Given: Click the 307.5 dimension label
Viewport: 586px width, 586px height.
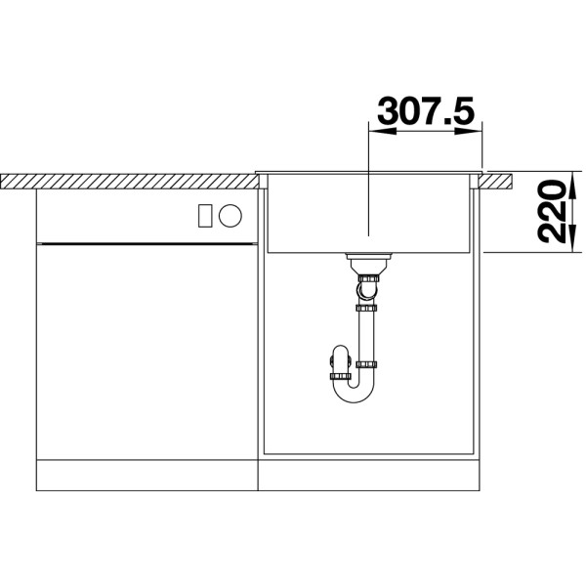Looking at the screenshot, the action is [x=426, y=111].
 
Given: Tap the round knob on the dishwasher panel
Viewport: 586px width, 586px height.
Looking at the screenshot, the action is [x=230, y=216].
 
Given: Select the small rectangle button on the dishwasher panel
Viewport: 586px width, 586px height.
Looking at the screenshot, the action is [x=205, y=216].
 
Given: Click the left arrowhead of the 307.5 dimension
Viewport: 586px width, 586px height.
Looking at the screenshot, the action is [x=382, y=131].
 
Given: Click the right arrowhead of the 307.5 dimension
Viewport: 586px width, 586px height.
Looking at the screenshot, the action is [x=469, y=131].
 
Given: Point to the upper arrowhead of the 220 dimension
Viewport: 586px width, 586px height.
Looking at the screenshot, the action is [x=572, y=185].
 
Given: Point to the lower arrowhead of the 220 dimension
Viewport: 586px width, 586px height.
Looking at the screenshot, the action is [x=572, y=239].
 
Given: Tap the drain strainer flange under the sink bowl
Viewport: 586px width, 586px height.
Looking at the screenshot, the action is [x=368, y=256].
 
